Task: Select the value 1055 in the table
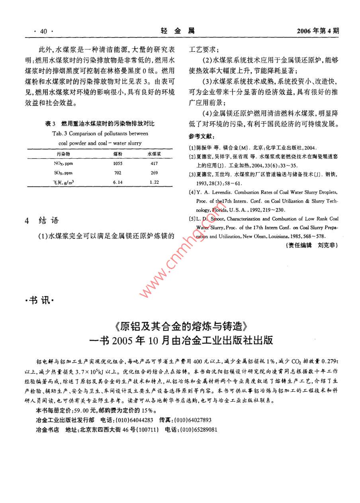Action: point(118,163)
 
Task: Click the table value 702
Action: point(118,173)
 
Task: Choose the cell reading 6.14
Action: point(117,182)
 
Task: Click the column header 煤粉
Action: point(118,153)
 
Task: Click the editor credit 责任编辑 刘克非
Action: point(312,246)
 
